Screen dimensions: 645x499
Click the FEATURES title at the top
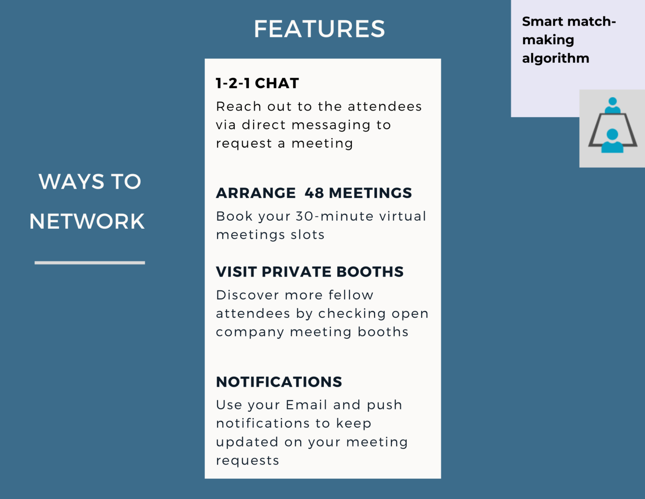[320, 29]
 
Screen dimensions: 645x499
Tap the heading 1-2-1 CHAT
[257, 83]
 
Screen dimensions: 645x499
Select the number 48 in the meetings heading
[315, 193]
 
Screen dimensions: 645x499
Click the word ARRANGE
[256, 193]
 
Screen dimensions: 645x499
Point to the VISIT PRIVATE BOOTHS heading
[309, 272]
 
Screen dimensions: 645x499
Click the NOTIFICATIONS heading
[279, 382]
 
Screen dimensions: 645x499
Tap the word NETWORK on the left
[87, 222]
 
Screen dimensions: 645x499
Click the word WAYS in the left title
[71, 182]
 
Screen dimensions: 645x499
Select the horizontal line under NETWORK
[89, 263]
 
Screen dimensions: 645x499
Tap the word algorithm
[556, 58]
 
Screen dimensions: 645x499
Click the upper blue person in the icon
[612, 105]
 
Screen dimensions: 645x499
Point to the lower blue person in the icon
[612, 141]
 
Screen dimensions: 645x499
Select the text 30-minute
[335, 216]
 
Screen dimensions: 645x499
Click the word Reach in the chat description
[239, 107]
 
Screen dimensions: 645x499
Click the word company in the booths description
[250, 333]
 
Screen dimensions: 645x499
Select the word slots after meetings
[307, 235]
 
